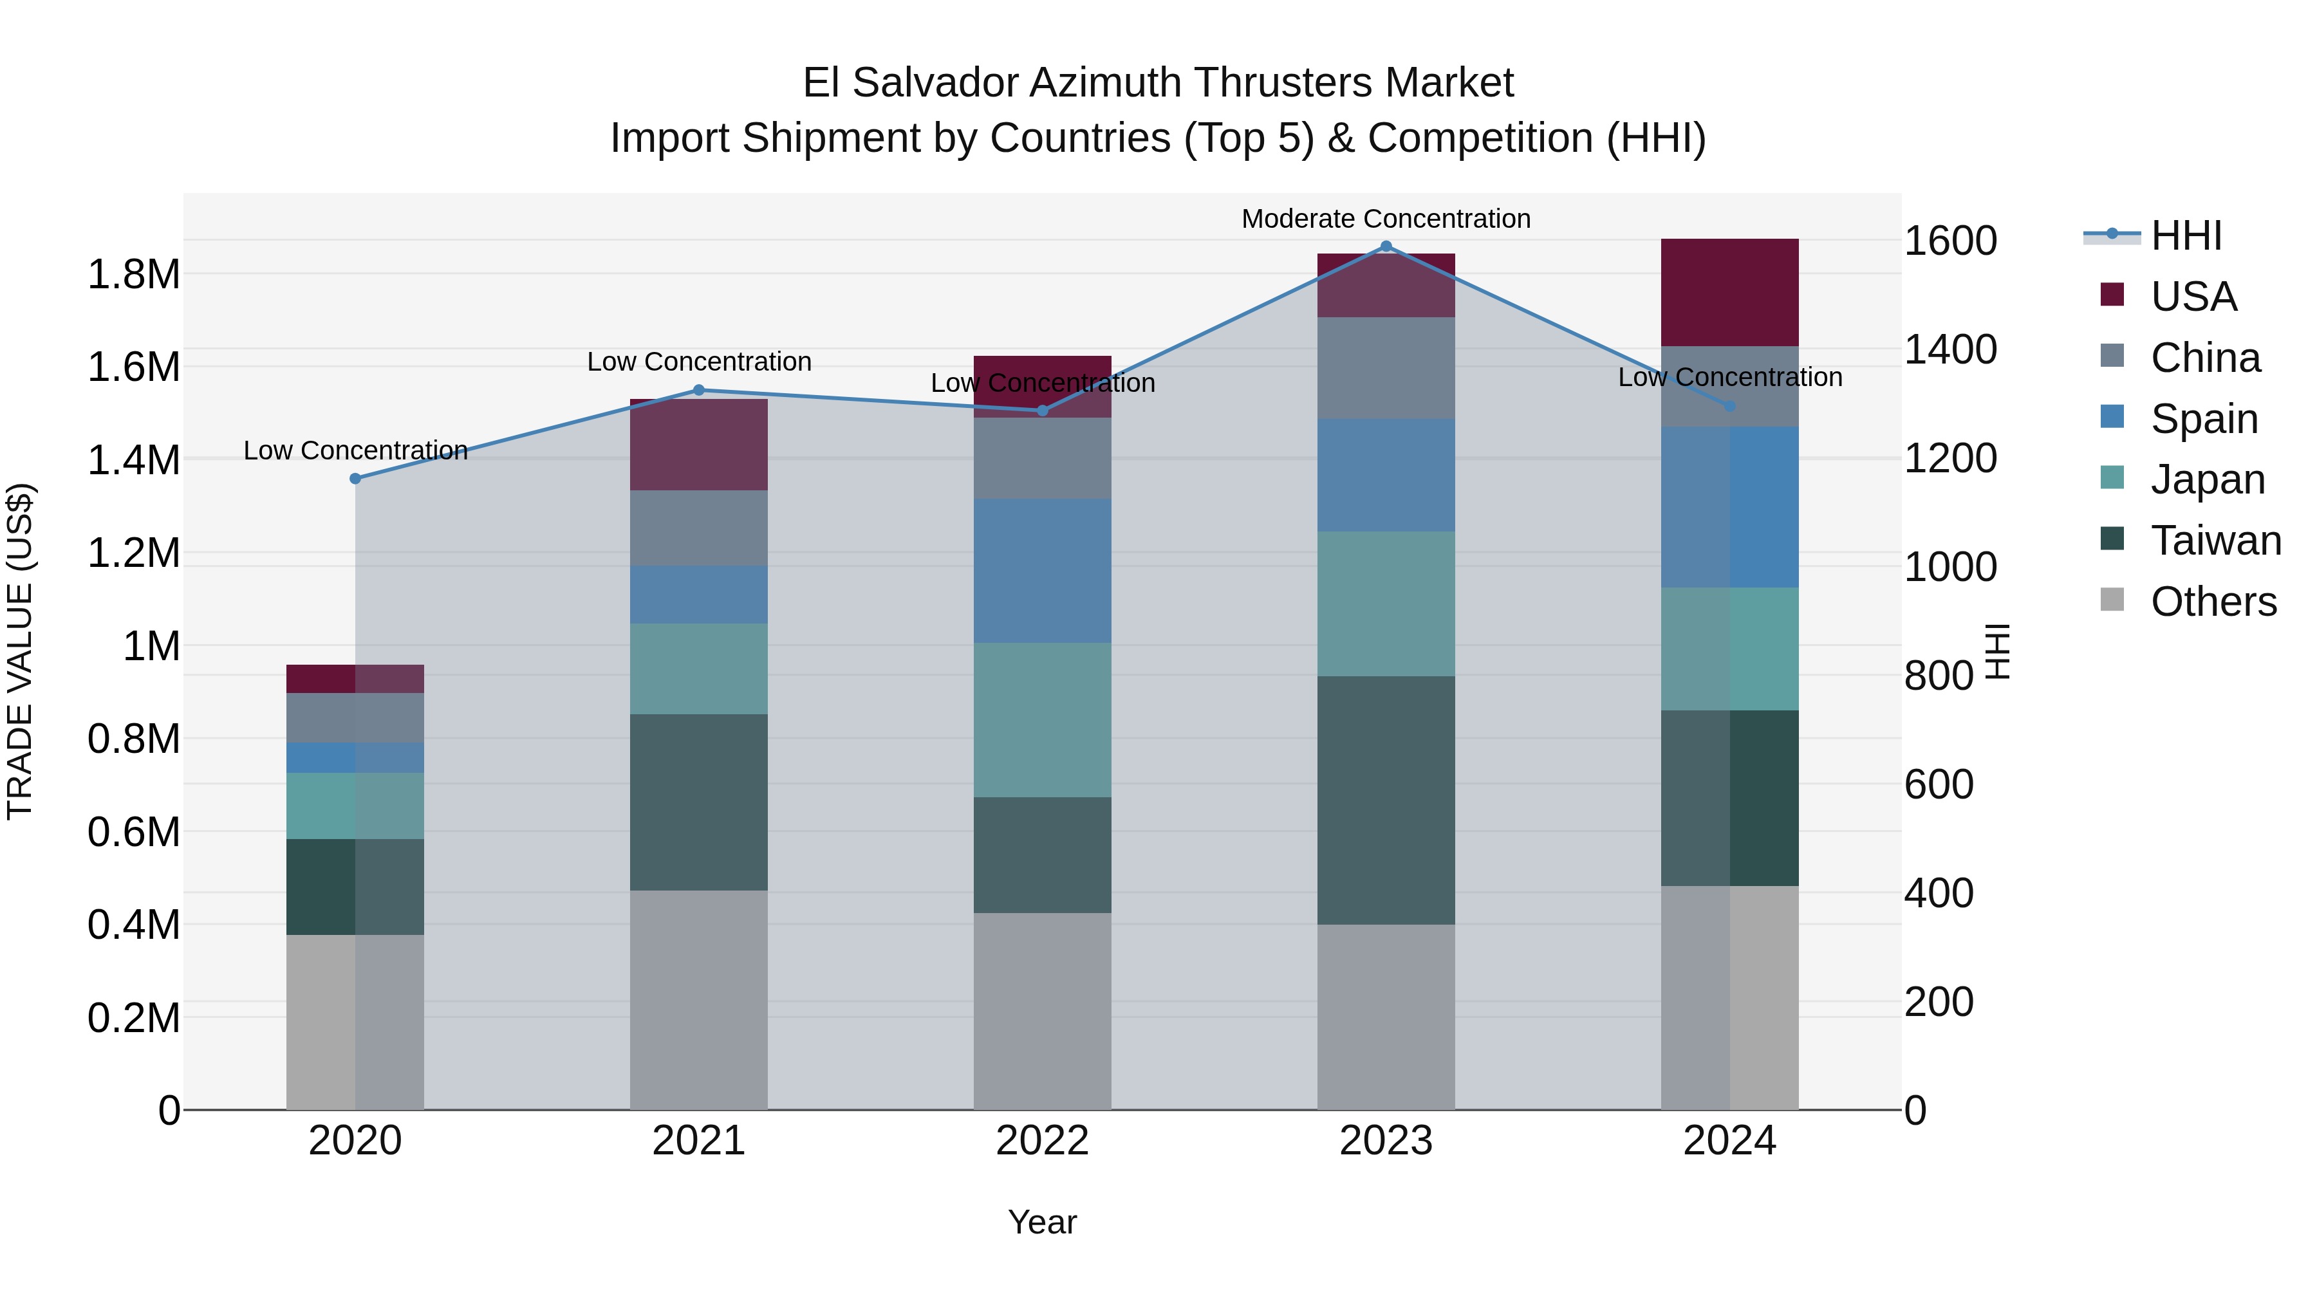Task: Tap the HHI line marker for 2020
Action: [x=355, y=478]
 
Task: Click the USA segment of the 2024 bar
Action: [x=1729, y=292]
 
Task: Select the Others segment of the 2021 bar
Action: [x=699, y=999]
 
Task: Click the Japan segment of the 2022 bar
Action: [x=1043, y=719]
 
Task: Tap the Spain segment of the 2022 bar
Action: [x=1043, y=570]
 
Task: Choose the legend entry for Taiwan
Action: [x=2215, y=541]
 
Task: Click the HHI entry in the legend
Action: [x=2186, y=236]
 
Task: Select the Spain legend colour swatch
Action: [x=2112, y=417]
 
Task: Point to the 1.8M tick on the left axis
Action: [x=134, y=274]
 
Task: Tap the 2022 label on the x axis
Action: [x=1043, y=1141]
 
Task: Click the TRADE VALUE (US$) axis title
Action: [x=21, y=651]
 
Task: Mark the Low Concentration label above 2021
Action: [x=699, y=362]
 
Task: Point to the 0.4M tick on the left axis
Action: [x=134, y=925]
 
